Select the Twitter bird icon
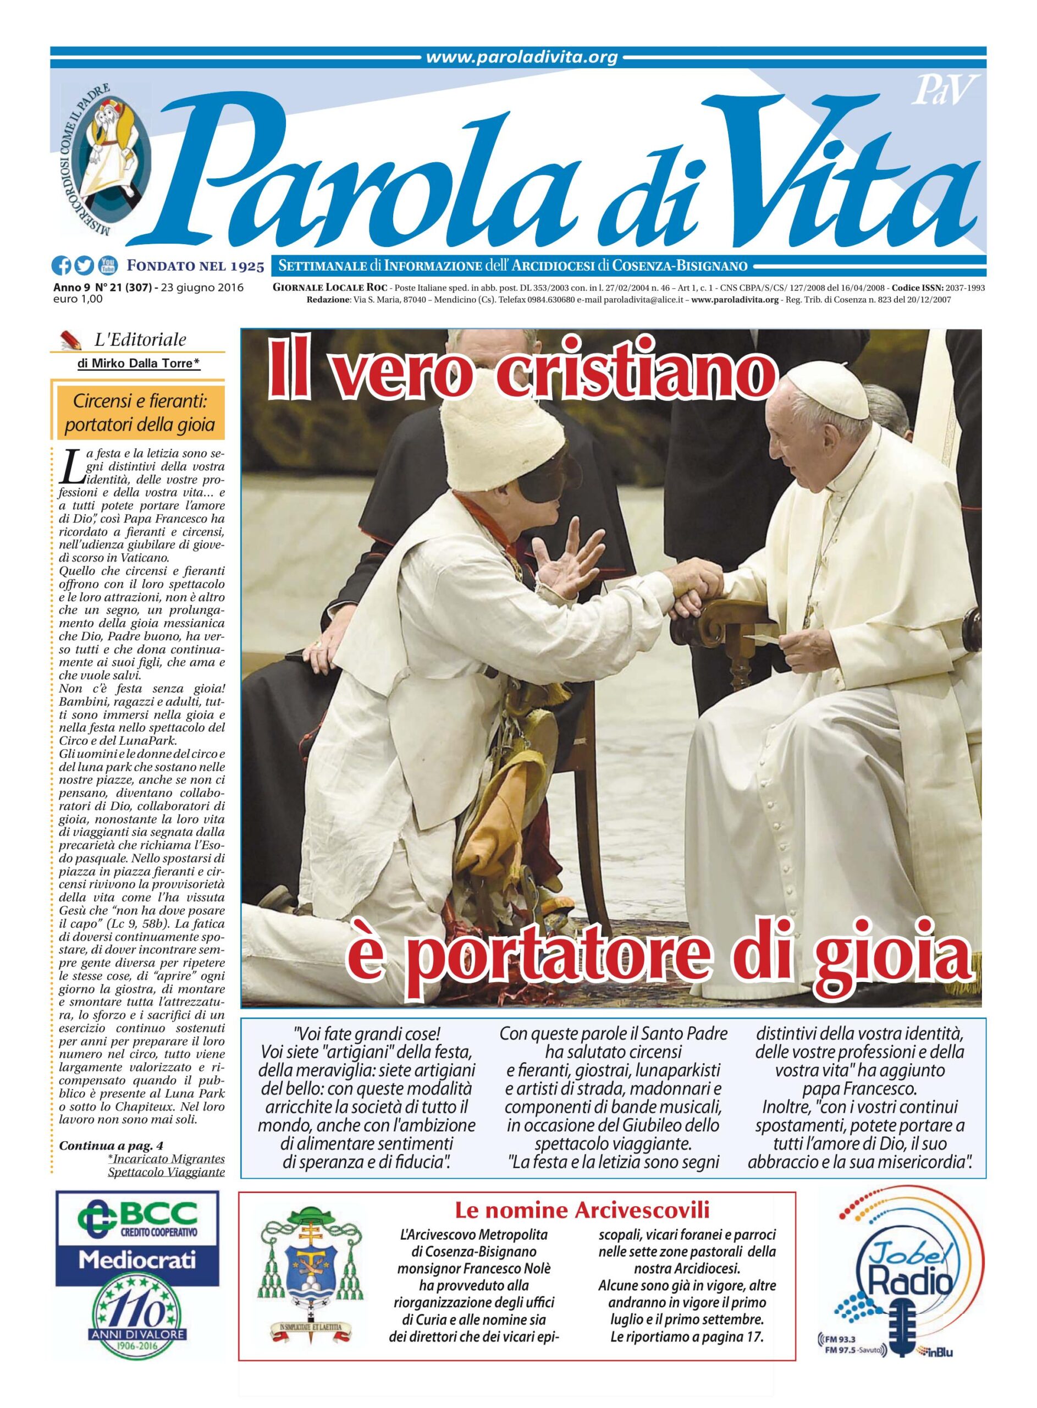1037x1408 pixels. click(84, 267)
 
